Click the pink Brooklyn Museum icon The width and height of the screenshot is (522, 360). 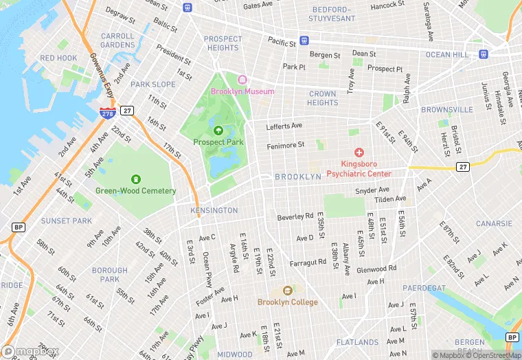click(x=241, y=80)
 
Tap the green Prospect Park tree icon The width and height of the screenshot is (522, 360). click(x=218, y=131)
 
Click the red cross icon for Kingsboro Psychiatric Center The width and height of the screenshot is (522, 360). click(x=359, y=152)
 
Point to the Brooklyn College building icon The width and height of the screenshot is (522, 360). click(x=287, y=291)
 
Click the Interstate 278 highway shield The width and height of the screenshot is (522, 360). click(x=106, y=113)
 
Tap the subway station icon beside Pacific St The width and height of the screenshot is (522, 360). click(x=304, y=41)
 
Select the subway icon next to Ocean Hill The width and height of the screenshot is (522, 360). click(x=484, y=53)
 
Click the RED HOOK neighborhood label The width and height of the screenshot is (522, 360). click(x=58, y=58)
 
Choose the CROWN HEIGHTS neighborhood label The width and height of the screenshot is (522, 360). click(x=322, y=98)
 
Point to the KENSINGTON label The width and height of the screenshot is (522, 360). click(x=214, y=210)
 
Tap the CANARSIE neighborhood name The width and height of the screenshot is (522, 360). click(x=494, y=223)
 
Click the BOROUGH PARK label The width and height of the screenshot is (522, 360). click(x=110, y=275)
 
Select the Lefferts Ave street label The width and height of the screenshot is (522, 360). click(x=284, y=126)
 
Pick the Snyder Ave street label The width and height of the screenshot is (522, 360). click(x=372, y=190)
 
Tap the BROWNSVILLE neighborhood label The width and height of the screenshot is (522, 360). click(x=446, y=109)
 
